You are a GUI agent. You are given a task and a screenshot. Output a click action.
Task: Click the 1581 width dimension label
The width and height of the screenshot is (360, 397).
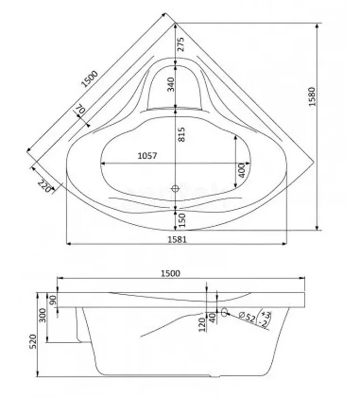click(177, 239)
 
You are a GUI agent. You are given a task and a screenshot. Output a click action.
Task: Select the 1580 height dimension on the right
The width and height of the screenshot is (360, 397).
click(313, 97)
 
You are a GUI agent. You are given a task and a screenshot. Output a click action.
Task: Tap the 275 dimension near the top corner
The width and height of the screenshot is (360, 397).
click(181, 44)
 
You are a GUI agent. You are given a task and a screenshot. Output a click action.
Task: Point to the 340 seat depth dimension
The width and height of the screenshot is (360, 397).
click(171, 85)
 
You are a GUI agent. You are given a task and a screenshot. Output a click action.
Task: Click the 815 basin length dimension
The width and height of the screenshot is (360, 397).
click(182, 135)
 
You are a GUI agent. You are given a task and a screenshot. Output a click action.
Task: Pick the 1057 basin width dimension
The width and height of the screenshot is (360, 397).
click(148, 156)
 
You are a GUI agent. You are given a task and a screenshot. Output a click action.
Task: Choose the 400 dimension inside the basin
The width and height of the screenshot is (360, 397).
click(242, 170)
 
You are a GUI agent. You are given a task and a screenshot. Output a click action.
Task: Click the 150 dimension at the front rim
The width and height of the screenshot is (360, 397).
click(182, 220)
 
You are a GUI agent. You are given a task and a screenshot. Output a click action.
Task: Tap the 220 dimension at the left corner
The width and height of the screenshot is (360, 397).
click(44, 186)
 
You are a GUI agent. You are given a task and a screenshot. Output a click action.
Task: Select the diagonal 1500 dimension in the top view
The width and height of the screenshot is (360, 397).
click(90, 79)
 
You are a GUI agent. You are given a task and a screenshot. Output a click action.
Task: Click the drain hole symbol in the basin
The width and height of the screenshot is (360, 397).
click(175, 188)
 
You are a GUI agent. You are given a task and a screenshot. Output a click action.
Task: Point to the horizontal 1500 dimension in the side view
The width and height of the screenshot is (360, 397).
click(170, 273)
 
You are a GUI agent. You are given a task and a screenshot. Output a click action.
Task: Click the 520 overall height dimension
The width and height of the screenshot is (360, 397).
click(33, 341)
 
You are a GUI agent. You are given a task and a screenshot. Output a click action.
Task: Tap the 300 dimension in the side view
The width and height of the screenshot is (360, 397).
click(43, 315)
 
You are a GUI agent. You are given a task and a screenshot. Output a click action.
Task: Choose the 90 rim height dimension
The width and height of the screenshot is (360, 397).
click(53, 300)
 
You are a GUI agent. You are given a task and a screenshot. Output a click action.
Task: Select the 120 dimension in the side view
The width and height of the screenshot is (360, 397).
click(202, 325)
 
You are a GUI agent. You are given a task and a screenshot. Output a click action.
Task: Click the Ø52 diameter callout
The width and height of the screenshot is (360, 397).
click(247, 317)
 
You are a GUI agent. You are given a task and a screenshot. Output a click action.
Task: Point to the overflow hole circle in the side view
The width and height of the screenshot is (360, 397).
click(224, 312)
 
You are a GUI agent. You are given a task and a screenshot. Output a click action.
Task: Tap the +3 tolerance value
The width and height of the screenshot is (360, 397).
click(266, 315)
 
